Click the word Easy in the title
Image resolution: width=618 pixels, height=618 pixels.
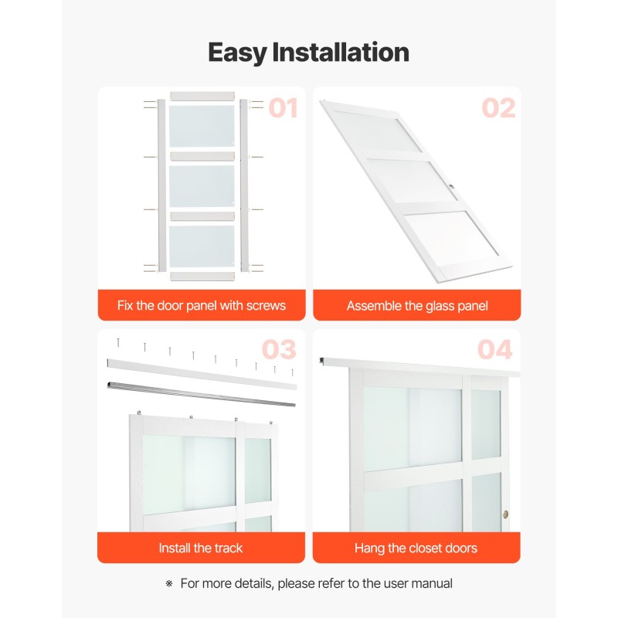(x=237, y=53)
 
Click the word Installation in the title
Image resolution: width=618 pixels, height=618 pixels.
(x=341, y=52)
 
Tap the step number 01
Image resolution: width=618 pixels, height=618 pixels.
(x=283, y=108)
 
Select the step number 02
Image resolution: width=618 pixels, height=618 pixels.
(x=498, y=108)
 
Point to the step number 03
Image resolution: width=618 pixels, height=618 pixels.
(x=279, y=349)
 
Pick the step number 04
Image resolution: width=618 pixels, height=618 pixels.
(x=495, y=349)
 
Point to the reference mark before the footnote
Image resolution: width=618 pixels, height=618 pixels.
(x=169, y=583)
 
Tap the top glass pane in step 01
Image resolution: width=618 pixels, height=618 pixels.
(x=202, y=126)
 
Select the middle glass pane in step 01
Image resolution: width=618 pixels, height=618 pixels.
(x=202, y=186)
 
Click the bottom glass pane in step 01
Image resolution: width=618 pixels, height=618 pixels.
(x=202, y=246)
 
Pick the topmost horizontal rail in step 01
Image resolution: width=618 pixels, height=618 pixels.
(x=202, y=96)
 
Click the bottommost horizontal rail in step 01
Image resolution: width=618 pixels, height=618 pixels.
(x=202, y=277)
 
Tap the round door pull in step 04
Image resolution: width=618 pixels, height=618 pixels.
(x=506, y=514)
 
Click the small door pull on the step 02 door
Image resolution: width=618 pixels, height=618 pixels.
(x=452, y=186)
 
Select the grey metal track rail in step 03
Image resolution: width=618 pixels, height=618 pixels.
(x=202, y=393)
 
